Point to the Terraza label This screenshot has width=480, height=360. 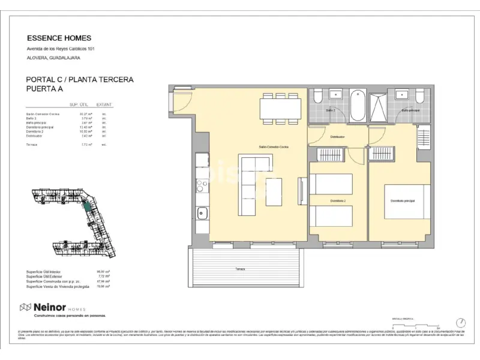coord(241,269)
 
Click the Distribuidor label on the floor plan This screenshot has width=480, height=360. coord(337,137)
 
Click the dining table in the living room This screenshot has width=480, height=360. coord(280,108)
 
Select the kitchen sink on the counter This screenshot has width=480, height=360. coord(202,212)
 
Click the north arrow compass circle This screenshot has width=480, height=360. coord(461,322)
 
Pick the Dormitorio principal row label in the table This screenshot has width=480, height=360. coord(40,127)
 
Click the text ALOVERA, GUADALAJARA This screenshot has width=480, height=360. coord(53,58)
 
